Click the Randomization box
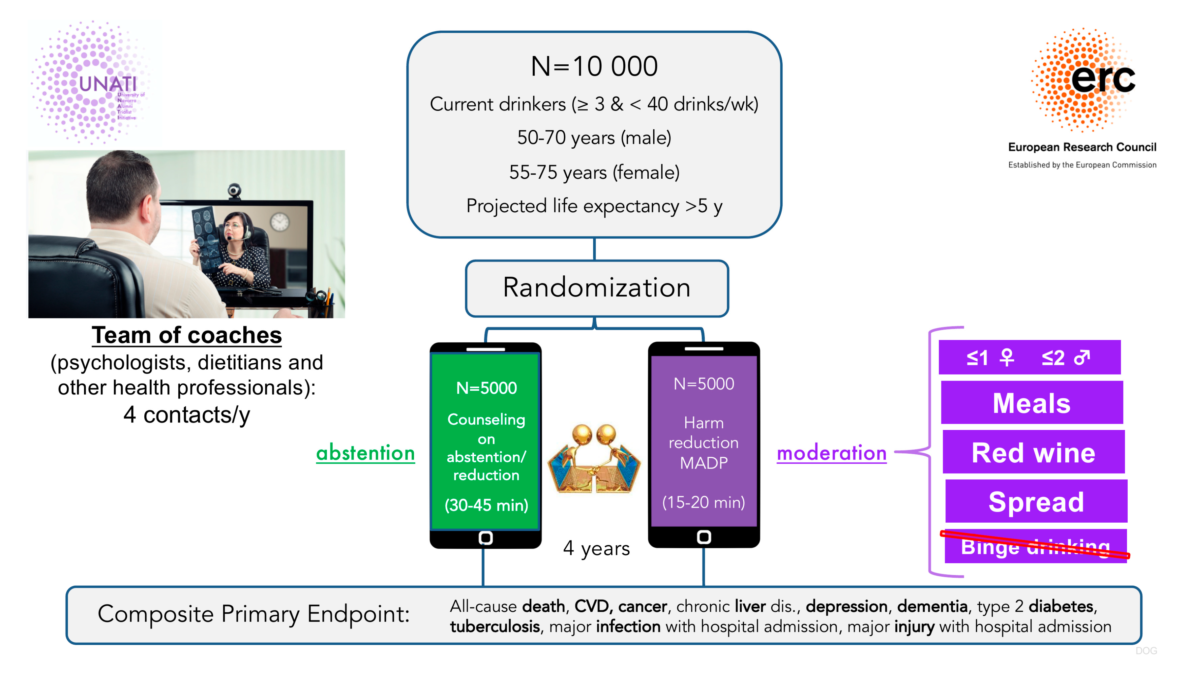[596, 288]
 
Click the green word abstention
[365, 452]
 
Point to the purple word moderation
[831, 452]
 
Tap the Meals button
[1031, 403]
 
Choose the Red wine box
[1033, 452]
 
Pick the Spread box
[1036, 502]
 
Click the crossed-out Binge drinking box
[1035, 546]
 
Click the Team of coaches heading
[187, 335]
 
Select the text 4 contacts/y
[187, 414]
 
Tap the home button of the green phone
[486, 537]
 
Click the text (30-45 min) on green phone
[486, 505]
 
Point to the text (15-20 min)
[703, 502]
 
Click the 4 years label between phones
[596, 549]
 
